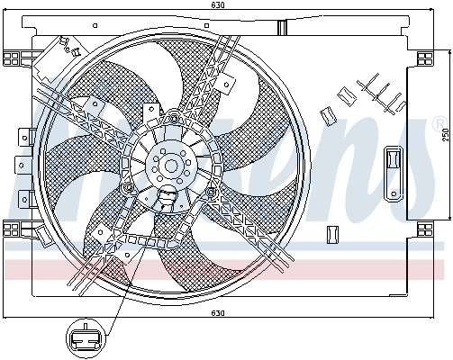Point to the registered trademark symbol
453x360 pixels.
pyautogui.click(x=438, y=121)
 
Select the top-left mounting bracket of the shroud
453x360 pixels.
pyautogui.click(x=14, y=58)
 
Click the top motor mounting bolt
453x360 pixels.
pyautogui.click(x=173, y=117)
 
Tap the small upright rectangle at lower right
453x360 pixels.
pyautogui.click(x=331, y=233)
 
